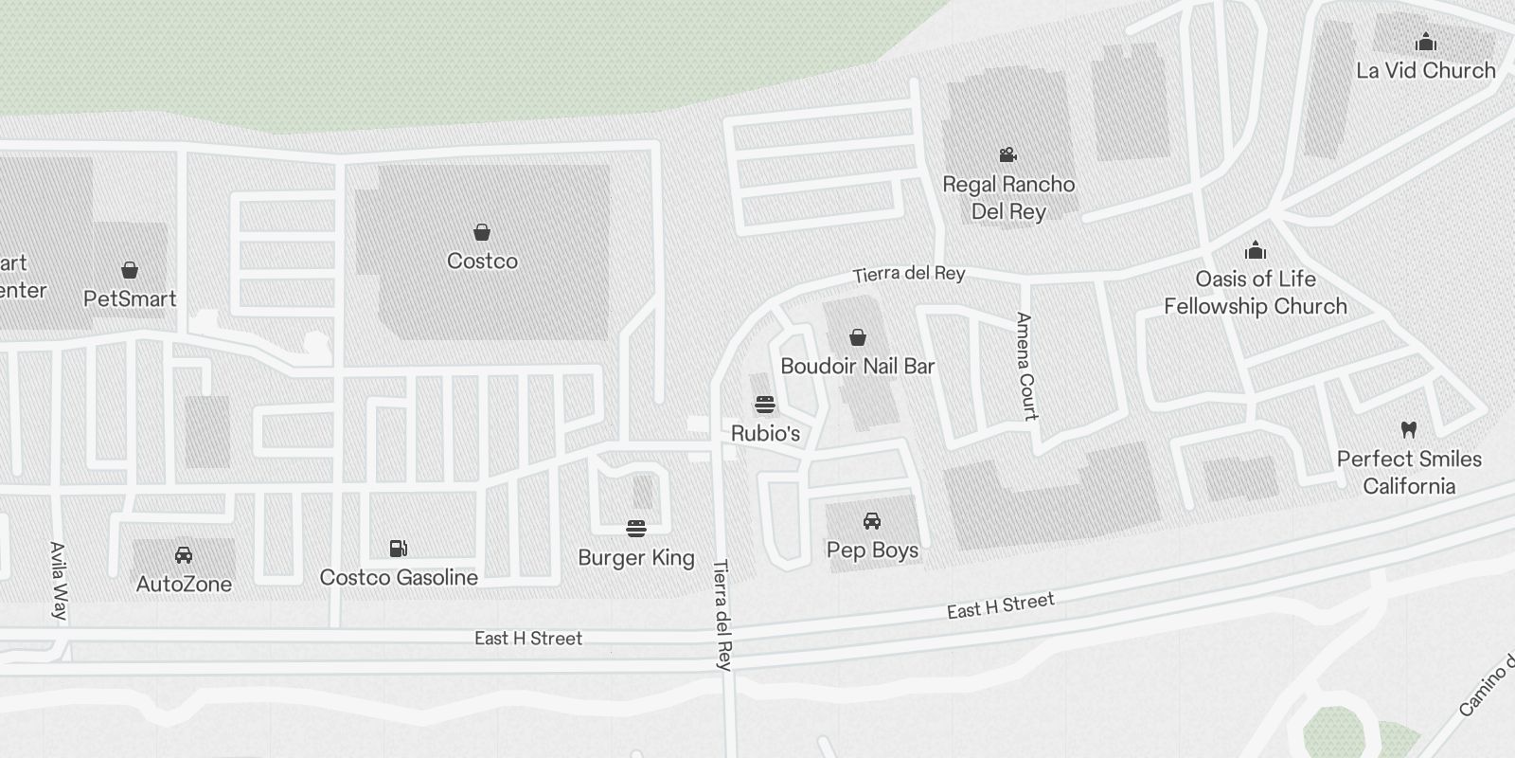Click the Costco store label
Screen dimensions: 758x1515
pos(482,262)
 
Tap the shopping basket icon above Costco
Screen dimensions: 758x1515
pos(482,232)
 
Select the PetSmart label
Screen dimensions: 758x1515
pos(130,299)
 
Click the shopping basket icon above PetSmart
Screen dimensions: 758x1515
pos(130,270)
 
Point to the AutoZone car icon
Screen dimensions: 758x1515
pos(184,555)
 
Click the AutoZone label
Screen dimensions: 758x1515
pos(184,585)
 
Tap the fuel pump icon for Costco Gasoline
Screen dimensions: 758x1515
pos(399,548)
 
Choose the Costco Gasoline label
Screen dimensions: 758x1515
pos(399,578)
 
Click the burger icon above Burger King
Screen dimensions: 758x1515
pos(636,528)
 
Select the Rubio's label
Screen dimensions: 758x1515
pos(765,434)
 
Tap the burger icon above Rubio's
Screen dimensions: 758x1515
pos(765,406)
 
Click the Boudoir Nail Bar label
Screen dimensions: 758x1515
pos(858,367)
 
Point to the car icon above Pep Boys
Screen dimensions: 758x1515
pos(872,521)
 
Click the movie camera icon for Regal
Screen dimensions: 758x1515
pos(1008,154)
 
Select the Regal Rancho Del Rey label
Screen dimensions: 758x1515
pos(1008,198)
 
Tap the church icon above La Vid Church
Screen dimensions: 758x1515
pos(1425,43)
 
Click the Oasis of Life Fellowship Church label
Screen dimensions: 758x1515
pos(1256,293)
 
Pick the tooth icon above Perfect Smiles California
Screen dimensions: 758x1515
pos(1409,429)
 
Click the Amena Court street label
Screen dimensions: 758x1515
pos(1026,366)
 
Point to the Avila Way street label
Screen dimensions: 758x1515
pos(59,580)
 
